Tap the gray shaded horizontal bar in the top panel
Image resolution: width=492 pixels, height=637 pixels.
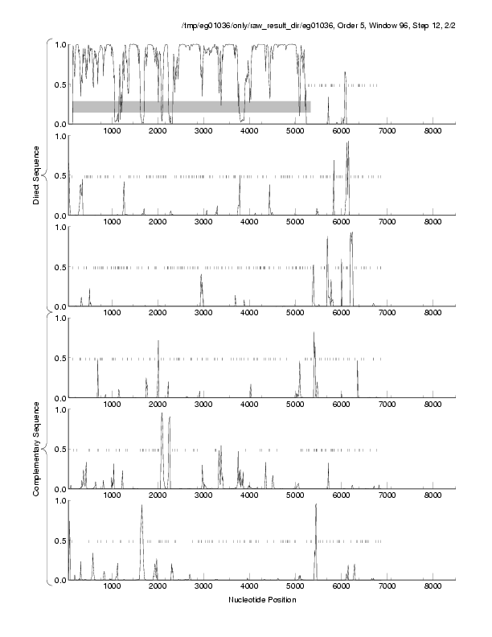point(191,106)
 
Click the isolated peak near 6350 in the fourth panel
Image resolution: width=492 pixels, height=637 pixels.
point(358,370)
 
